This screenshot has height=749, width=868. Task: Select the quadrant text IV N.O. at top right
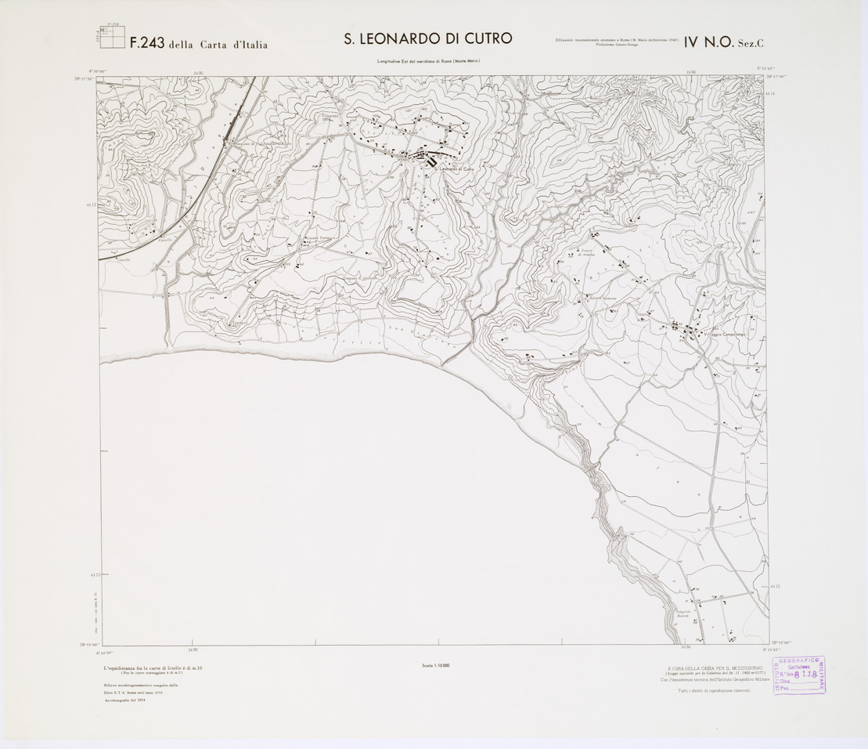pos(707,44)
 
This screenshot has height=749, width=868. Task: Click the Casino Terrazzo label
pos(321,237)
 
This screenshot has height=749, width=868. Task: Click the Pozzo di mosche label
pos(587,253)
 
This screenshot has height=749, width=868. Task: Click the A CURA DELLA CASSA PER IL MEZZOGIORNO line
pos(710,668)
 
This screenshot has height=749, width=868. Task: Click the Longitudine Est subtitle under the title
pos(427,61)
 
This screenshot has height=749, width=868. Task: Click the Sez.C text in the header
pos(751,45)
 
